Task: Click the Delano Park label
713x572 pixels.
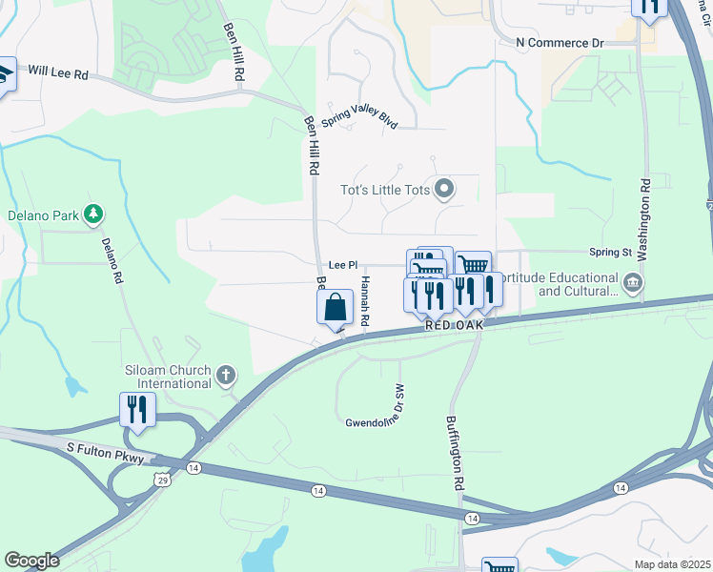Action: click(43, 215)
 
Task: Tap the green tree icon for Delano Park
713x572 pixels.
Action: click(93, 214)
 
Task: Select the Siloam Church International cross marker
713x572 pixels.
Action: click(225, 376)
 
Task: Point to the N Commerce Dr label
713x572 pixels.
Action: click(560, 43)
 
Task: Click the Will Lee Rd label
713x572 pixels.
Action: click(57, 71)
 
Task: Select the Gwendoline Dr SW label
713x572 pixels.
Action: click(376, 406)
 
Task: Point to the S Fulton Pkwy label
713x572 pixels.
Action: click(105, 459)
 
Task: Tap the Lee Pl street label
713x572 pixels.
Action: click(342, 265)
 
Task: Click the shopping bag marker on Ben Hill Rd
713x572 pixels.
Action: click(335, 308)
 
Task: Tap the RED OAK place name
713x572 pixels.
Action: click(455, 325)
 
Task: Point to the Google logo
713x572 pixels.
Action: click(31, 561)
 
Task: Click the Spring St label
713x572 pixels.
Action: click(610, 253)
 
